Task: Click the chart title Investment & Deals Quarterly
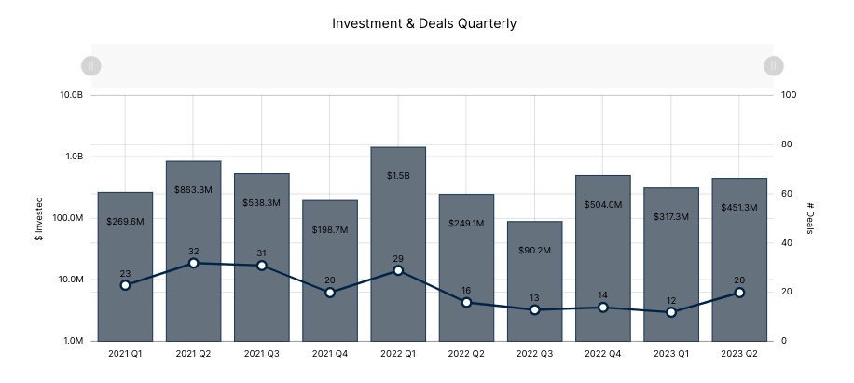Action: point(424,22)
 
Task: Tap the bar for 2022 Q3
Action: point(534,280)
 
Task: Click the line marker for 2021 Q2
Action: point(193,263)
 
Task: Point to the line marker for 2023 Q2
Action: point(739,293)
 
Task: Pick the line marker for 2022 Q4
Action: point(603,308)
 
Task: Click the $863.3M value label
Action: point(193,189)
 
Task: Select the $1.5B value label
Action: point(398,175)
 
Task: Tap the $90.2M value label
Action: point(534,250)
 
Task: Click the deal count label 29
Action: point(398,257)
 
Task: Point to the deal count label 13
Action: point(534,298)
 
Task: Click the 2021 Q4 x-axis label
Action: point(329,354)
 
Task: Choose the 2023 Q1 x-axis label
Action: point(671,354)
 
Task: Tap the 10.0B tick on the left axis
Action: point(72,95)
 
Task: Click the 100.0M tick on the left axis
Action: point(69,218)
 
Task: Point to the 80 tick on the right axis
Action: point(788,144)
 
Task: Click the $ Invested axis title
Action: point(38,218)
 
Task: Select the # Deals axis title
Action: point(811,218)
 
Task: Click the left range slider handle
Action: point(91,65)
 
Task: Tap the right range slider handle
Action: point(773,65)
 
